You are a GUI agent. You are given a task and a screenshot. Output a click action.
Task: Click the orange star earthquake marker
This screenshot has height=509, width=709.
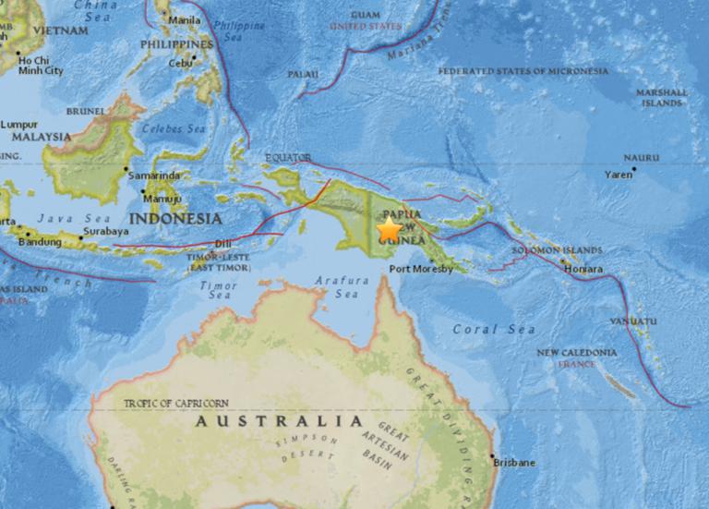391,229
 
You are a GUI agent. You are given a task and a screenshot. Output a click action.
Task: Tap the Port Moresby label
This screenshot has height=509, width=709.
421,270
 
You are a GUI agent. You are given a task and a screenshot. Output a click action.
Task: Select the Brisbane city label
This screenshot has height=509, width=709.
515,462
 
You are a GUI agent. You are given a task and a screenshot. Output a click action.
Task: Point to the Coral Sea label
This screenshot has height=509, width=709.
488,329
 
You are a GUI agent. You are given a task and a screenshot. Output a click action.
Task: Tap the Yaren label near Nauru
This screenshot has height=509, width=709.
618,174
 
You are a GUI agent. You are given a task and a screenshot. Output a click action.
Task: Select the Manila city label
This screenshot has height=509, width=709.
185,19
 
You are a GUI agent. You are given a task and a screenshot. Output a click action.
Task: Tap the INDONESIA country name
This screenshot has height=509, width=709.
175,219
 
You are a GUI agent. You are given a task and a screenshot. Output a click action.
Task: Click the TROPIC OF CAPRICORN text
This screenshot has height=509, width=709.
175,404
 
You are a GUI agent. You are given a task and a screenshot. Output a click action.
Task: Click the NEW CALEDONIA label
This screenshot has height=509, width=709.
577,352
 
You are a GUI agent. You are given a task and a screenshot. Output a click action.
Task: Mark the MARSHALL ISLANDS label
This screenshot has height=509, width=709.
662,98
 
